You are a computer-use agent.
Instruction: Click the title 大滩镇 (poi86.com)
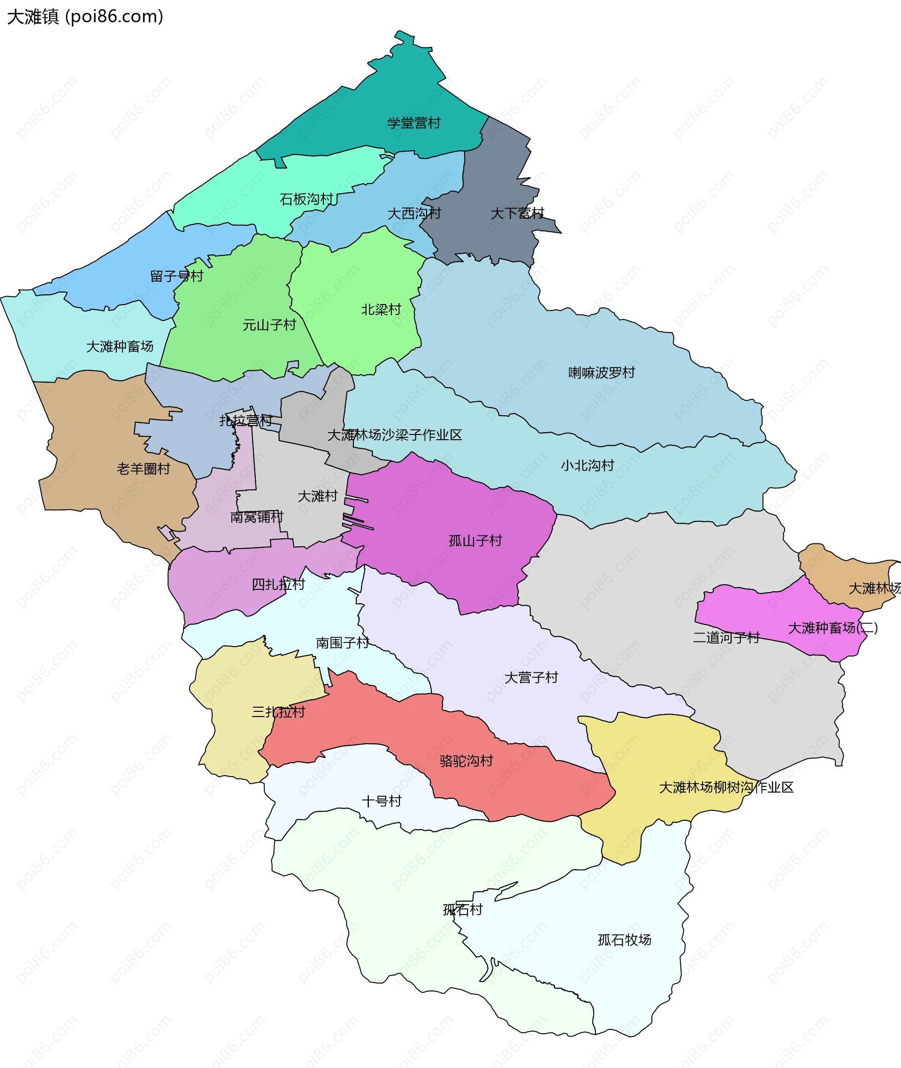[85, 17]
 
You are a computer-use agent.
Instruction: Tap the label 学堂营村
[414, 123]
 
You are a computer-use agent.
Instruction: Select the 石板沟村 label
[306, 199]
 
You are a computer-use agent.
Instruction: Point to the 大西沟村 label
[414, 214]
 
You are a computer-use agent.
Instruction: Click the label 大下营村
[518, 214]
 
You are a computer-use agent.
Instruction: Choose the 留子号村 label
[177, 276]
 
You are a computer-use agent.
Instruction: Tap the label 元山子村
[269, 325]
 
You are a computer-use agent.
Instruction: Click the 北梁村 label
[381, 310]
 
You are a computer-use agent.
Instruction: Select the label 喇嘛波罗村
[602, 373]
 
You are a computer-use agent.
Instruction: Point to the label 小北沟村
[588, 465]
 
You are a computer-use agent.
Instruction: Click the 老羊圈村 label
[144, 469]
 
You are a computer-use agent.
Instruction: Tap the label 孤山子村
[475, 541]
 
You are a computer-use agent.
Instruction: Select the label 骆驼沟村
[466, 761]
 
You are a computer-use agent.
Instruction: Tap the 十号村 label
[382, 801]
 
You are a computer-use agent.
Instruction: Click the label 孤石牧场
[625, 940]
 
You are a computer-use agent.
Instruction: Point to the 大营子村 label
[531, 677]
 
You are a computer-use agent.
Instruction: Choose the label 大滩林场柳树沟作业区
[726, 787]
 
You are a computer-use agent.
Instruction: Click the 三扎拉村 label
[278, 712]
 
